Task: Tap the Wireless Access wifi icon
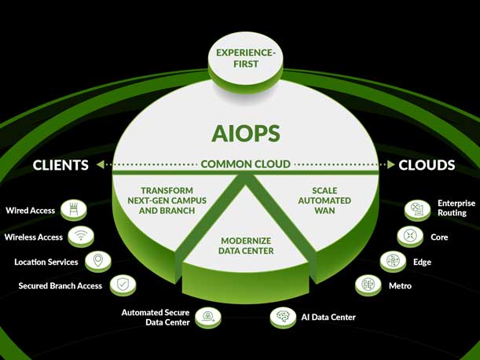80,236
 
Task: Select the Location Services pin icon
97,261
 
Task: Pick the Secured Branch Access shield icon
123,285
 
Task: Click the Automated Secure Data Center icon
208,317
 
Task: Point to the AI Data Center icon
283,317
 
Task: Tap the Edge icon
393,261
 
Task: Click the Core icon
410,236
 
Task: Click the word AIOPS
245,133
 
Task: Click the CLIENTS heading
60,165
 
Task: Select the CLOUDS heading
427,165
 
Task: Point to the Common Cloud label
245,164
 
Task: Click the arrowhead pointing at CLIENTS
100,165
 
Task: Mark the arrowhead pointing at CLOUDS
390,165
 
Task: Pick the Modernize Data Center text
247,245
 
